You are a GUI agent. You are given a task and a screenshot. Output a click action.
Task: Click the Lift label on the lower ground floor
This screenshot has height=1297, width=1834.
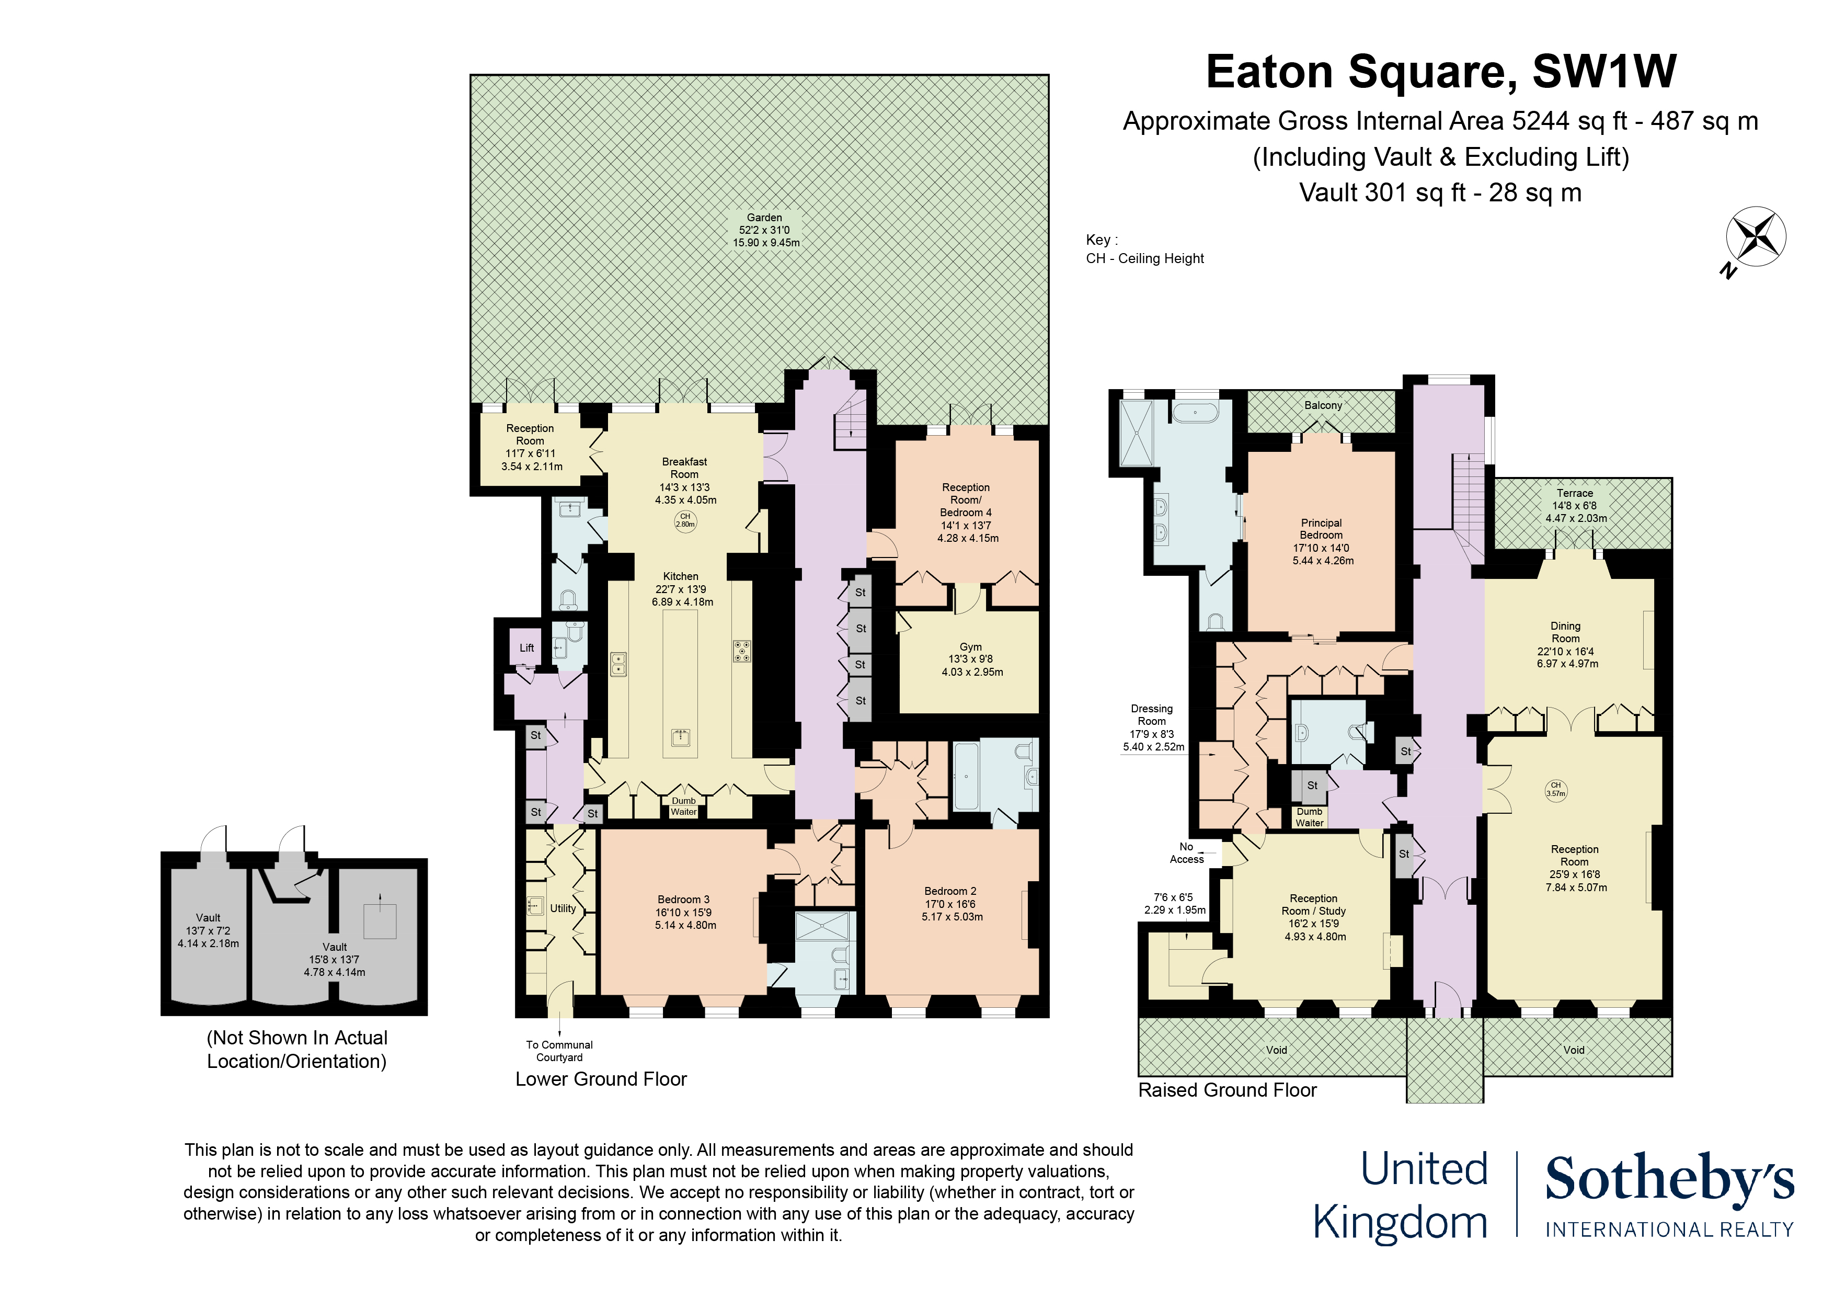526,647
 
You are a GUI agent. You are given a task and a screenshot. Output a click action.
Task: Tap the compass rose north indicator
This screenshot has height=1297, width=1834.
1756,237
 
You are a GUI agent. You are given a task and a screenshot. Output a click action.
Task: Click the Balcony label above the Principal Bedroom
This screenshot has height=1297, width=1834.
1323,405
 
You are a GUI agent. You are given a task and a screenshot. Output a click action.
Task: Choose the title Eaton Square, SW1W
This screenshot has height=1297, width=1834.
1440,72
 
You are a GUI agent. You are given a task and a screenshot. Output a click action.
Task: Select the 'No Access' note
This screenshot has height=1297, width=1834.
1186,852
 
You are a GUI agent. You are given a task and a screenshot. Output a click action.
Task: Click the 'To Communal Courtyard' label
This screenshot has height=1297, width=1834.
559,1050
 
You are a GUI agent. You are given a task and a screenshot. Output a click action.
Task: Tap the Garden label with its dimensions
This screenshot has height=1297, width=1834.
765,230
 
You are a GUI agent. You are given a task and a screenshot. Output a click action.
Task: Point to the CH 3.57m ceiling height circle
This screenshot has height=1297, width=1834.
1555,790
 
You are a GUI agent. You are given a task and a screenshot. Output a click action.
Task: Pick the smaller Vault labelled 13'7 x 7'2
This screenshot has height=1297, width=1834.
209,930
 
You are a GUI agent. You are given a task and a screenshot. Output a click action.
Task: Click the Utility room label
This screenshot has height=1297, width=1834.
563,908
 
